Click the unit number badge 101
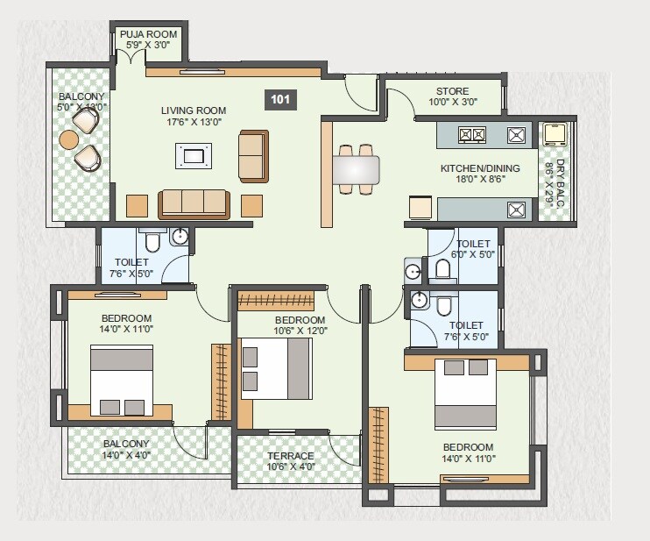[280, 99]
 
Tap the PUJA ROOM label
[149, 34]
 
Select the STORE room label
[452, 91]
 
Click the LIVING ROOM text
[194, 110]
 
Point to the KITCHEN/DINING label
[480, 168]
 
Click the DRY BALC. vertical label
[548, 182]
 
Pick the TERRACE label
[291, 456]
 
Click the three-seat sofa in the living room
[193, 203]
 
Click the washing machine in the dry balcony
[554, 133]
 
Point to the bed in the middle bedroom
[277, 368]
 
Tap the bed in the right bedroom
[465, 393]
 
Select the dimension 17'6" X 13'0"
[194, 123]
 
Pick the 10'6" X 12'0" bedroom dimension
[300, 331]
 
